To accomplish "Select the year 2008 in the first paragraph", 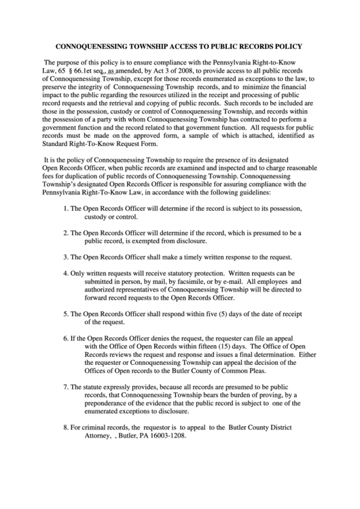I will [x=187, y=70].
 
